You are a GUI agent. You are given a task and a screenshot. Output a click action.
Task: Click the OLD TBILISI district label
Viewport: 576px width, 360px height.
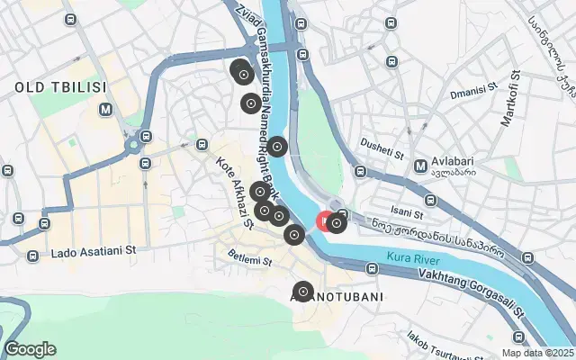click(60, 87)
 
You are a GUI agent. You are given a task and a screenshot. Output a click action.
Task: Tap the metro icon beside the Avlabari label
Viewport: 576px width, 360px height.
click(420, 166)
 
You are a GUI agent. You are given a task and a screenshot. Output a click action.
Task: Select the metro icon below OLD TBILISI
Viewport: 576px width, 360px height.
click(107, 110)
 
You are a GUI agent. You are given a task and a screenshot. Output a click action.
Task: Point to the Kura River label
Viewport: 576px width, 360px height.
click(412, 258)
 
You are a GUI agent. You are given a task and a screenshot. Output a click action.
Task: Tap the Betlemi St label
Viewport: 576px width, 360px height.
click(249, 261)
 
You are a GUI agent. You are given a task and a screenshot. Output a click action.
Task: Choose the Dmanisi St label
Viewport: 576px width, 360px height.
click(474, 90)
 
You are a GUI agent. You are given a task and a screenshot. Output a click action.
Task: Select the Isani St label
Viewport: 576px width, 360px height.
click(407, 213)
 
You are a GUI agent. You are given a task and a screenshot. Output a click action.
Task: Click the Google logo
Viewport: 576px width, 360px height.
click(30, 349)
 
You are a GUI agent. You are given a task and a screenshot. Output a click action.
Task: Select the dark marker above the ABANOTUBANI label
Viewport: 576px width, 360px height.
click(303, 291)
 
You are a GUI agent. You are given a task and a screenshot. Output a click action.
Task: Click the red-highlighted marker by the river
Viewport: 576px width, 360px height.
click(326, 221)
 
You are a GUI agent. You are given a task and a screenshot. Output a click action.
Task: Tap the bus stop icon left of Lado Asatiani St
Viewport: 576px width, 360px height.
click(33, 255)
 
